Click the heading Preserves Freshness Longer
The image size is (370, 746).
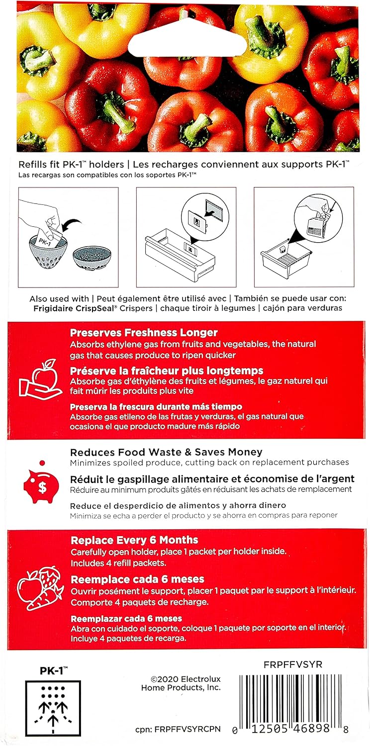click(144, 332)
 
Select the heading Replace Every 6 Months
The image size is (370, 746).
click(134, 540)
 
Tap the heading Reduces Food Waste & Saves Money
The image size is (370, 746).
click(166, 452)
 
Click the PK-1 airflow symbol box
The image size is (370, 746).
click(53, 708)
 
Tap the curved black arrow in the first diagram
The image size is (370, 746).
click(70, 224)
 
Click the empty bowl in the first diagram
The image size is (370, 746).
click(89, 258)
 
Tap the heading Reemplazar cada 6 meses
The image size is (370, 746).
click(126, 619)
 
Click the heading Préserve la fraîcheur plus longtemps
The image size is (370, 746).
click(167, 371)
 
